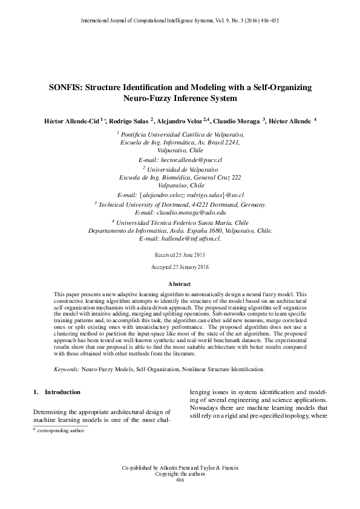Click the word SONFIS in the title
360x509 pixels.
65,87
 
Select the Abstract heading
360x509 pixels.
180,284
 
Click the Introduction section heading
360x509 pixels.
63,392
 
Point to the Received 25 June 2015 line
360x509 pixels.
180,256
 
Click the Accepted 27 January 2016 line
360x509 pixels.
180,267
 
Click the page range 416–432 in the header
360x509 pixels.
267,21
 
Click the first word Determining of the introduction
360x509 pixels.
53,411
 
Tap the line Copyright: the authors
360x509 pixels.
180,474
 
